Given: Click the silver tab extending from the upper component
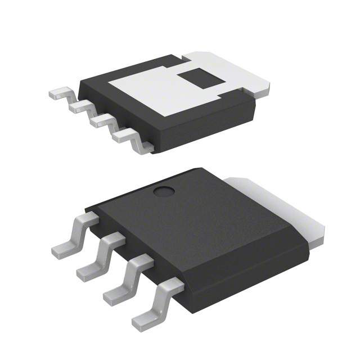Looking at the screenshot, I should click(236, 70).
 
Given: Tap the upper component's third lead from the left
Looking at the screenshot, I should click(101, 120).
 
